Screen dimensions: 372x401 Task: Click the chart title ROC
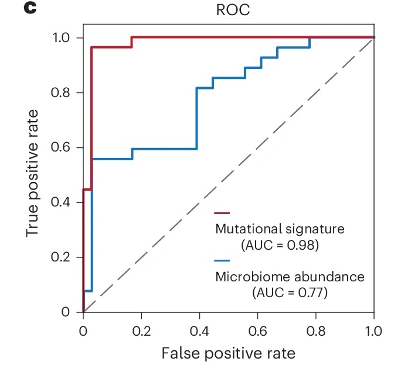coord(229,11)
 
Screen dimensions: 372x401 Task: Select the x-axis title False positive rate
coord(228,353)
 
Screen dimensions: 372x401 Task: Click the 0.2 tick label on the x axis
coord(141,330)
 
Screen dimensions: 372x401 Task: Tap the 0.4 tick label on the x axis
coord(199,330)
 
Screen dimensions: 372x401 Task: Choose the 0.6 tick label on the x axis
coord(257,330)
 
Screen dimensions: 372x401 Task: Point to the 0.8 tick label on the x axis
coord(315,330)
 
